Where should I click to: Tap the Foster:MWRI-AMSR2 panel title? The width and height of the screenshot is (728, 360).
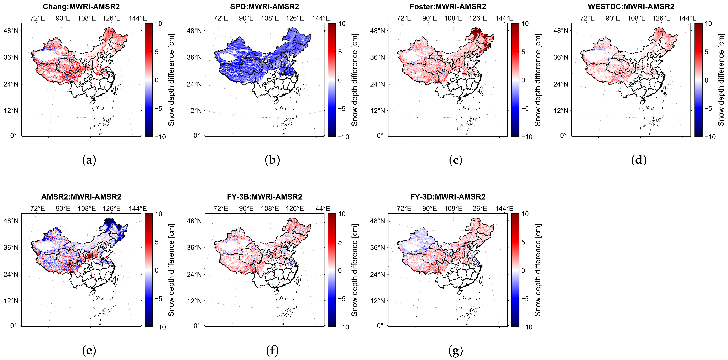pyautogui.click(x=448, y=6)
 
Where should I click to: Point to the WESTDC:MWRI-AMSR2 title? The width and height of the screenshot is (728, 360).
pyautogui.click(x=631, y=6)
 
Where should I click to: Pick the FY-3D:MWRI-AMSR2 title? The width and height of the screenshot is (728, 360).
pyautogui.click(x=448, y=197)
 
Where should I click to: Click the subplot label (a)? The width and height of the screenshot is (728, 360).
pyautogui.click(x=89, y=160)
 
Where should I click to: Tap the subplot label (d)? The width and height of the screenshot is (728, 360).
pyautogui.click(x=639, y=160)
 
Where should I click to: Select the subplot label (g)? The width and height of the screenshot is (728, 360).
pyautogui.click(x=456, y=351)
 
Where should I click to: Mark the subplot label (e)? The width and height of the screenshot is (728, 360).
pyautogui.click(x=89, y=351)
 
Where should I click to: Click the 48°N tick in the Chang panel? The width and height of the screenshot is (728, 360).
pyautogui.click(x=11, y=31)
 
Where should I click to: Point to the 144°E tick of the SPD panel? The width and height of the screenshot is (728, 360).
pyautogui.click(x=321, y=18)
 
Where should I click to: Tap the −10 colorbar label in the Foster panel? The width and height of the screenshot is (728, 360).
pyautogui.click(x=527, y=137)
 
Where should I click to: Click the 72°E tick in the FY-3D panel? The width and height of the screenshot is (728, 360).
pyautogui.click(x=404, y=209)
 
